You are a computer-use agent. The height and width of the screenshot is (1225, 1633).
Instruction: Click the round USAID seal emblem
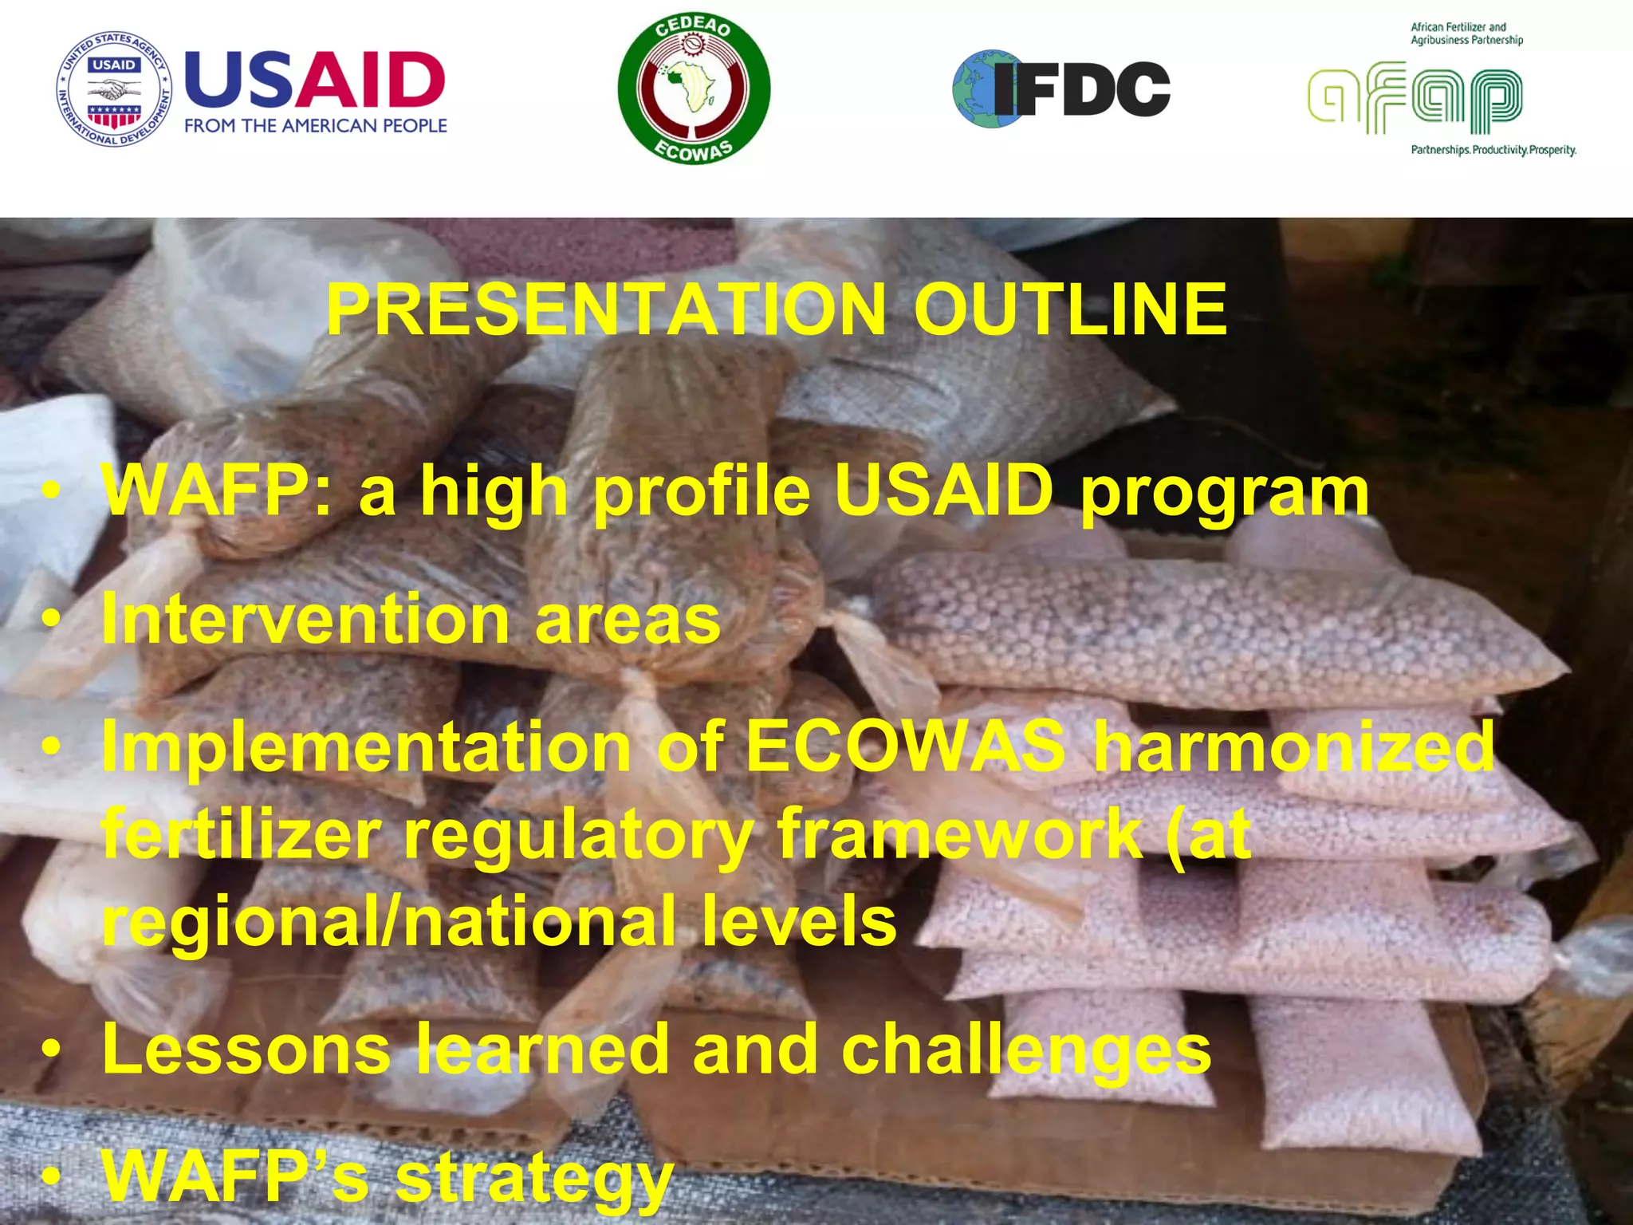pyautogui.click(x=115, y=89)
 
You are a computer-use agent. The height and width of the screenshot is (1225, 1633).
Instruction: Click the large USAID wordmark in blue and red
pyautogui.click(x=315, y=81)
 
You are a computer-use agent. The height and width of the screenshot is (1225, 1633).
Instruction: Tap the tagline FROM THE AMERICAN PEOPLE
pyautogui.click(x=315, y=126)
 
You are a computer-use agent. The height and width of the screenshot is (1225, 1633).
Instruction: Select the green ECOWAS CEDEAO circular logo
pyautogui.click(x=694, y=89)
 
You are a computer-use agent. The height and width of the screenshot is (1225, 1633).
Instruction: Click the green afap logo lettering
pyautogui.click(x=1415, y=100)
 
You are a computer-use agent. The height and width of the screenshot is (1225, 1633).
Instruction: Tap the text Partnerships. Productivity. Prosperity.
pyautogui.click(x=1493, y=150)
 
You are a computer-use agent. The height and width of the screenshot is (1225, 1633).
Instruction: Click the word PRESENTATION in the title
pyautogui.click(x=606, y=310)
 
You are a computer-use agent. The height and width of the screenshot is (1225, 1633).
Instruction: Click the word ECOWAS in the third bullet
pyautogui.click(x=906, y=747)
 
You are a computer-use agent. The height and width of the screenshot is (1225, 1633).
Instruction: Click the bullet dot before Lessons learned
pyautogui.click(x=51, y=1051)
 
